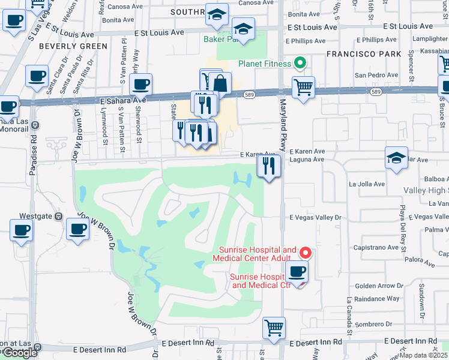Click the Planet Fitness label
[x=264, y=64]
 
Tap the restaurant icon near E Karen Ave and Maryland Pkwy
[x=269, y=166]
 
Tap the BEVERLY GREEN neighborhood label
[x=65, y=46]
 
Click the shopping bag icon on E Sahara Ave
[x=220, y=84]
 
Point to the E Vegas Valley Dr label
[x=315, y=218]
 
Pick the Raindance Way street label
[x=377, y=298]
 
